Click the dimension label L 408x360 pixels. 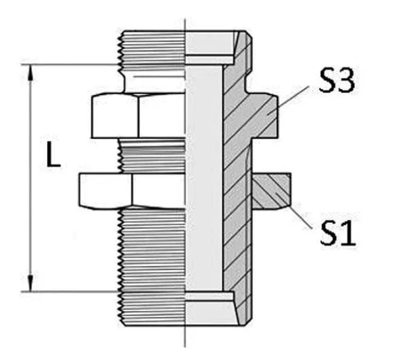pos(52,158)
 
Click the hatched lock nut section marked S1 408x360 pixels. pos(271,191)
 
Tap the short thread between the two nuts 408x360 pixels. pos(151,155)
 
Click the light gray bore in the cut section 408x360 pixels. pos(204,177)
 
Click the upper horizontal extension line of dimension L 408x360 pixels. pos(75,65)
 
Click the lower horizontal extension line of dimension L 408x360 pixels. pos(75,291)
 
